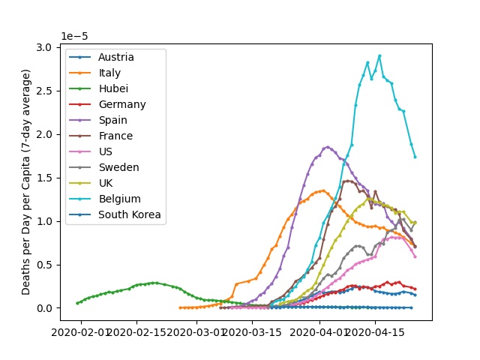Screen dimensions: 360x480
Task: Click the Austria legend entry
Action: (x=115, y=57)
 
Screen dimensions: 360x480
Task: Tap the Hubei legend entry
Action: (x=112, y=88)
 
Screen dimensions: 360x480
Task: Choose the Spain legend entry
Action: (x=112, y=120)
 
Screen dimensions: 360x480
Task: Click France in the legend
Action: (x=115, y=136)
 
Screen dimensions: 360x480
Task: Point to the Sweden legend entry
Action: (x=118, y=168)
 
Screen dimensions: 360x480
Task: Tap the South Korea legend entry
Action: (x=130, y=215)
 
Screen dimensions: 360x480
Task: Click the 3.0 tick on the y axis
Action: (x=45, y=47)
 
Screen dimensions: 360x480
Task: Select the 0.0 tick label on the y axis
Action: (x=45, y=308)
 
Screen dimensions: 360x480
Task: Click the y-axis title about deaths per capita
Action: (x=26, y=181)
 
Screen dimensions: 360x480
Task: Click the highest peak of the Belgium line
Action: (x=379, y=55)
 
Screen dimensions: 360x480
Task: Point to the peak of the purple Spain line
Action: (x=328, y=147)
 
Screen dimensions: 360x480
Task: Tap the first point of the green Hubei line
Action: (x=77, y=303)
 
